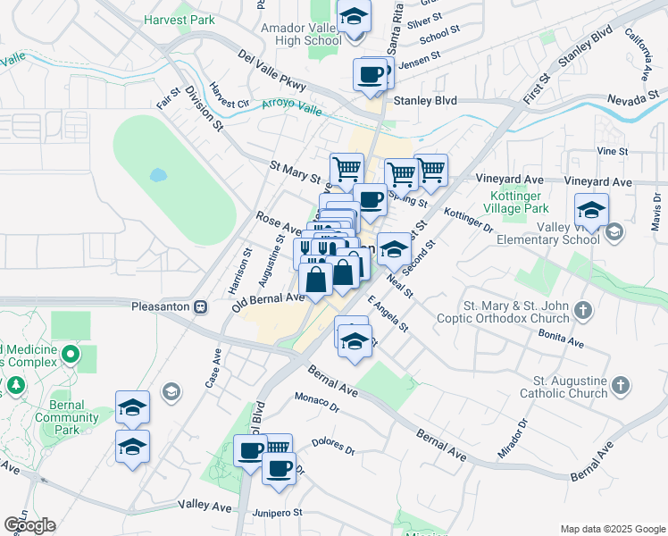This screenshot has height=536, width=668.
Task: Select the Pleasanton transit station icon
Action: [201, 306]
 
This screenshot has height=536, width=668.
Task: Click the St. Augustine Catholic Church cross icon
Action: [621, 386]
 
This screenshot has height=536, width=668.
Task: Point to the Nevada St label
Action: [636, 99]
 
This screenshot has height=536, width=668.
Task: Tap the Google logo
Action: [29, 525]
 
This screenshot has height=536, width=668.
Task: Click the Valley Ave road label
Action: [205, 507]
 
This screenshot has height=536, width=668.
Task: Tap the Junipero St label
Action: [280, 514]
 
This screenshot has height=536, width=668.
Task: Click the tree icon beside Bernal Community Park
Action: [16, 386]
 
